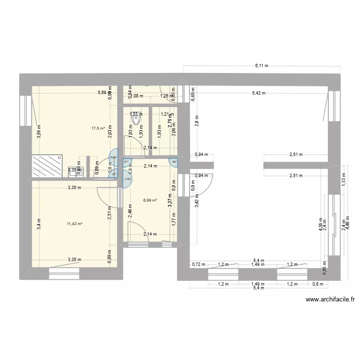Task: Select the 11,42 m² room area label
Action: pyautogui.click(x=75, y=224)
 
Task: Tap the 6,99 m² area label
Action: pyautogui.click(x=150, y=201)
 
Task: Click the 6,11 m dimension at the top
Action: pyautogui.click(x=262, y=65)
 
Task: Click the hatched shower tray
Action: pyautogui.click(x=46, y=167)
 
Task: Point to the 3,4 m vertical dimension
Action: pyautogui.click(x=39, y=223)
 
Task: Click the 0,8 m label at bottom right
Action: pyautogui.click(x=318, y=284)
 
